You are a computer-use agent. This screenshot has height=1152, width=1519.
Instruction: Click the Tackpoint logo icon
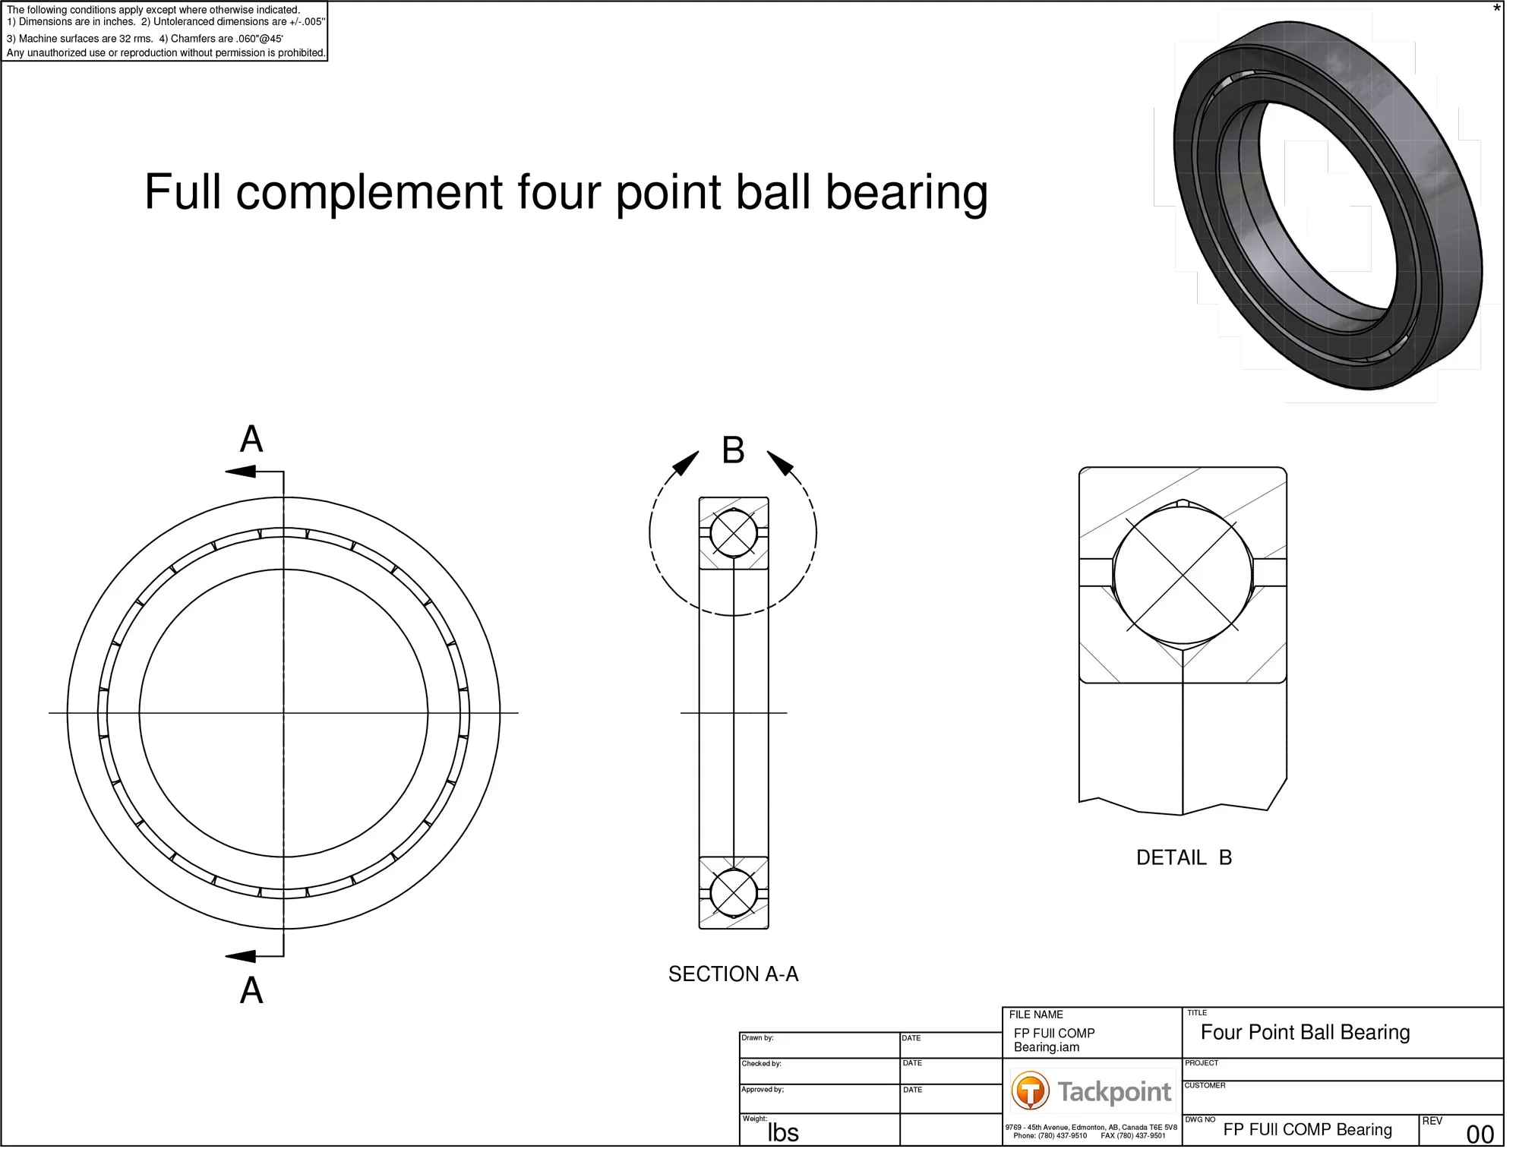click(x=1030, y=1092)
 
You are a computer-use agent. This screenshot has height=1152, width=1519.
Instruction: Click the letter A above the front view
click(x=251, y=439)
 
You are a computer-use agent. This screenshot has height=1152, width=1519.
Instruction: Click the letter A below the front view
click(x=251, y=990)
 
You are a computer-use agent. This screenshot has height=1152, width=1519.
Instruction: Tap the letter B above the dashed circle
click(x=733, y=450)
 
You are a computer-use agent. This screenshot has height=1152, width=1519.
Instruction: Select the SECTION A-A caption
click(x=733, y=974)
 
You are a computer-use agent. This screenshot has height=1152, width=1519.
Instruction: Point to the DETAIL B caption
click(x=1183, y=857)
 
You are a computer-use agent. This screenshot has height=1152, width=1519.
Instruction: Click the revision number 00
click(x=1480, y=1134)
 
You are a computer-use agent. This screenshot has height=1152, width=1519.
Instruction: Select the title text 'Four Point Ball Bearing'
click(x=1305, y=1032)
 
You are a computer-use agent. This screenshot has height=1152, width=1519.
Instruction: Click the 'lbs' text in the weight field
click(x=782, y=1132)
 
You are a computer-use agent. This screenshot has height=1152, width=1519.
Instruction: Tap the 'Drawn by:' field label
click(x=757, y=1037)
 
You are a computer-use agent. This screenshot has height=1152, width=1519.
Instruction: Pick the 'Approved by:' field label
click(x=763, y=1089)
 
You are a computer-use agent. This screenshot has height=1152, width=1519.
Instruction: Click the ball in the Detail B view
click(x=1183, y=575)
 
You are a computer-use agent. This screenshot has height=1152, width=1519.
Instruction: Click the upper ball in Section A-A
click(x=733, y=534)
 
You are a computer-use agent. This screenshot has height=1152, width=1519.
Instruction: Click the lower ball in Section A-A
click(x=733, y=892)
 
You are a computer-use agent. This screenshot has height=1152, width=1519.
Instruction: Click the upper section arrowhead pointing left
click(x=240, y=472)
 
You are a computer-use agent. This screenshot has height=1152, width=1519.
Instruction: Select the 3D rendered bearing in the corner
click(x=1327, y=205)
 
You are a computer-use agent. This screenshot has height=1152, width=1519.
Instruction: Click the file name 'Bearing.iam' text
click(x=1046, y=1047)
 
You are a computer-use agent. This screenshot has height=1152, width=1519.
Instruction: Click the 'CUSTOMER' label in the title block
click(x=1205, y=1085)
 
